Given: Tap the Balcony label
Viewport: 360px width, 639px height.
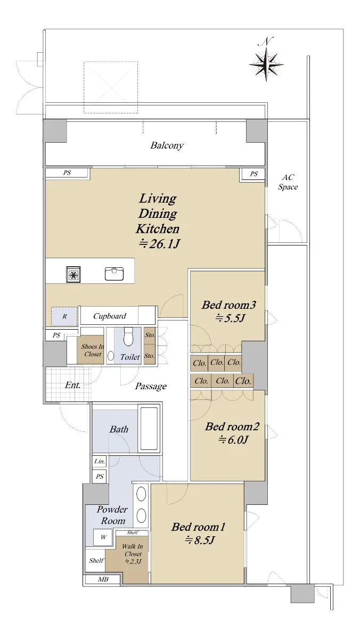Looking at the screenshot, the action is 167,145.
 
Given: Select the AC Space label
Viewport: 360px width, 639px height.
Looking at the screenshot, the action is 288,182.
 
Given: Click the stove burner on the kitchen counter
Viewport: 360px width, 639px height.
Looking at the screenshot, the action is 73,274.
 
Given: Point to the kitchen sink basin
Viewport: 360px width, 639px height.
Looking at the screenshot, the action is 114,274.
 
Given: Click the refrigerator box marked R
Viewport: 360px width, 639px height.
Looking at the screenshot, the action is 64,316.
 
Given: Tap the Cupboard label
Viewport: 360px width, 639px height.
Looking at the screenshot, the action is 110,316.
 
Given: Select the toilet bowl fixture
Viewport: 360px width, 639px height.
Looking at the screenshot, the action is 128,337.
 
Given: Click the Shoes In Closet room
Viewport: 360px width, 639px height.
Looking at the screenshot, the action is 90,350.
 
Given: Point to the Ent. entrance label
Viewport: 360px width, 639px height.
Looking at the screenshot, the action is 72,385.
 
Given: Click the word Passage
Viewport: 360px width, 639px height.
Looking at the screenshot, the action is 151,386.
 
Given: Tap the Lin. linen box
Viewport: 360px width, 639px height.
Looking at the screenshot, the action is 100,461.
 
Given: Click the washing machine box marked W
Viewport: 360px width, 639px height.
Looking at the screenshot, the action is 103,537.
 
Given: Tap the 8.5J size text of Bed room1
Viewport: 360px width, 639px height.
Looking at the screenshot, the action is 200,540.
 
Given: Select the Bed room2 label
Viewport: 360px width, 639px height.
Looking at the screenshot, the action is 232,427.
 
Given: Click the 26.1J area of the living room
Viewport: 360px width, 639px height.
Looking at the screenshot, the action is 159,244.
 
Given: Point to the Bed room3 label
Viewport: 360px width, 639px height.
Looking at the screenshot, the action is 229,305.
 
